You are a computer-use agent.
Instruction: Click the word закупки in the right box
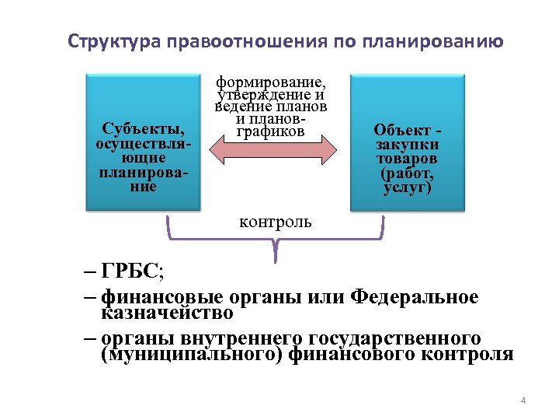tap(407, 144)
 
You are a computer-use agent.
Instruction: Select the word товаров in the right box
tap(407, 159)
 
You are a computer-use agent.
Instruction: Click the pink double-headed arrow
tap(273, 151)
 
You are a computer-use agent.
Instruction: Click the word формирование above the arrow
tap(271, 81)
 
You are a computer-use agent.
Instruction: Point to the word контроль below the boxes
tap(276, 222)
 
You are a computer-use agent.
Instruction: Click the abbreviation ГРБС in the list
tap(131, 273)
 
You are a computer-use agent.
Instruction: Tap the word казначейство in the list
tap(167, 313)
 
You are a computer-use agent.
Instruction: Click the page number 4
tap(523, 401)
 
